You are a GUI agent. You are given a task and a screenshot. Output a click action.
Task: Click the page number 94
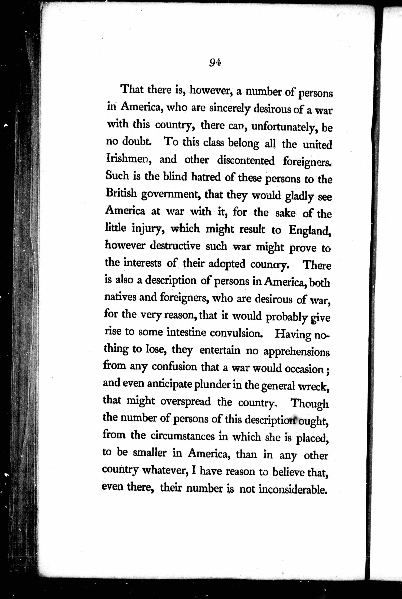click(215, 62)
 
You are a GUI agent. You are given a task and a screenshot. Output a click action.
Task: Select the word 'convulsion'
click(236, 333)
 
